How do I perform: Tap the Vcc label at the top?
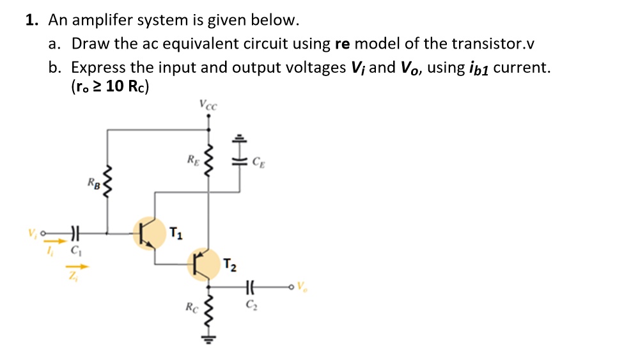[208, 105]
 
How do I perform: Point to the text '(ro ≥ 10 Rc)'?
[111, 87]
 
